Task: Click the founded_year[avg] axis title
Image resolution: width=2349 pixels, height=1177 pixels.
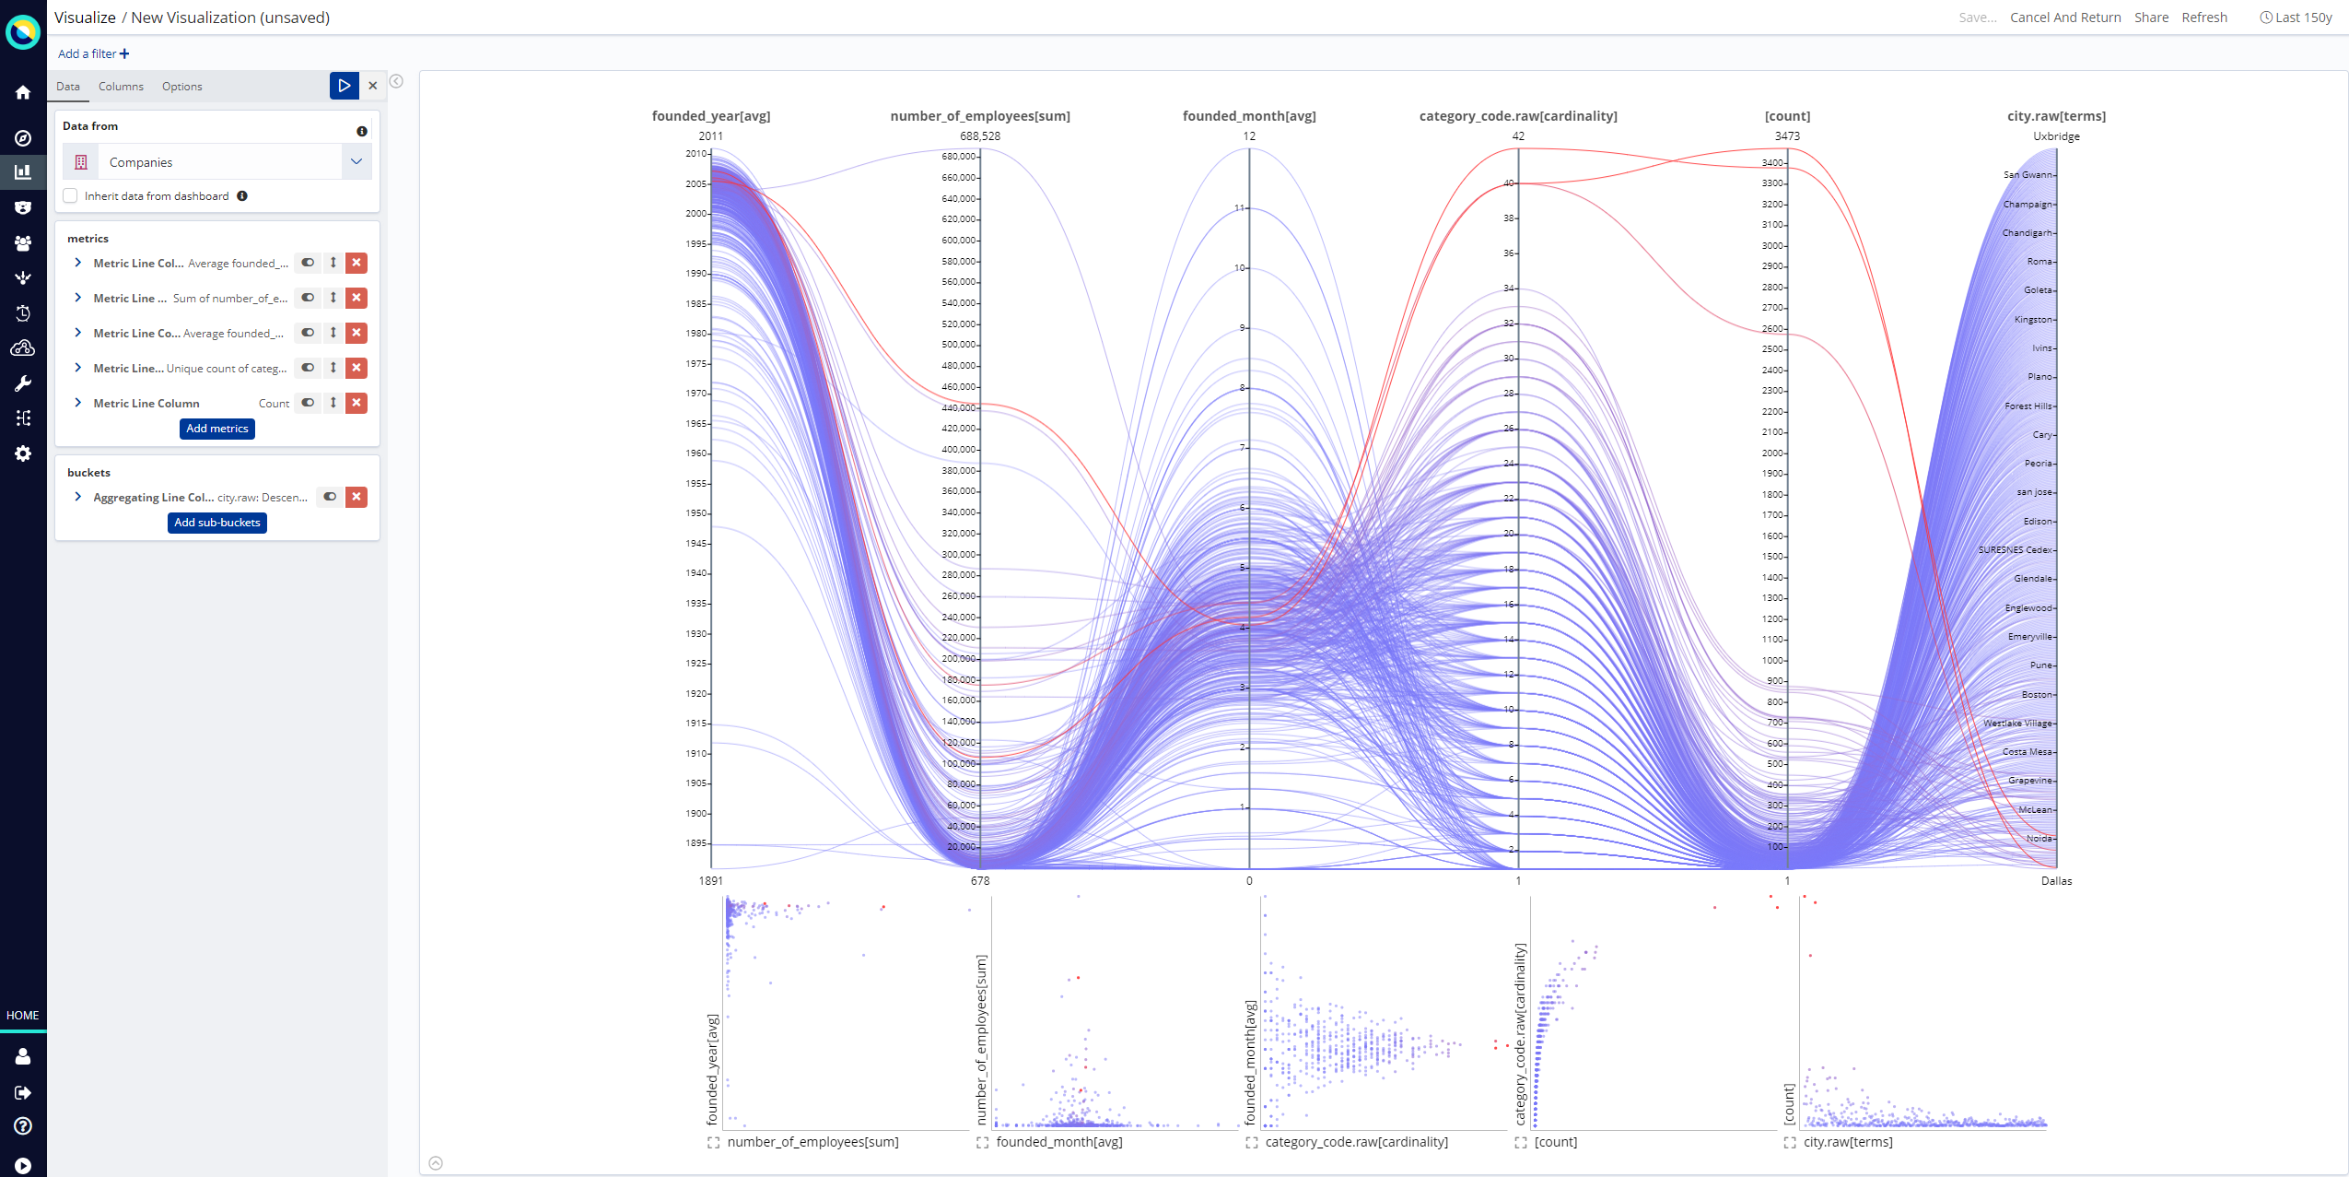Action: (710, 116)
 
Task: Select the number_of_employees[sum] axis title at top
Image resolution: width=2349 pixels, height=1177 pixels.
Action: (979, 116)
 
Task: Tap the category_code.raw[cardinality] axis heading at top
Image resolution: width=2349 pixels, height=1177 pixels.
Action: (1517, 116)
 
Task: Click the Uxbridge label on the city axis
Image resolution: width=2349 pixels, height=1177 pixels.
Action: (2056, 136)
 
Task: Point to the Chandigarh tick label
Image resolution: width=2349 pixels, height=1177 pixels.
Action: (2027, 233)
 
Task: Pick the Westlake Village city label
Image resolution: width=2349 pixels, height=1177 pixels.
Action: (2017, 724)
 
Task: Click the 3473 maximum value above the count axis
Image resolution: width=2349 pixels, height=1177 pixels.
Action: (1787, 136)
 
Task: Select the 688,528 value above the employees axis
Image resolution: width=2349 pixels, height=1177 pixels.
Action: (979, 136)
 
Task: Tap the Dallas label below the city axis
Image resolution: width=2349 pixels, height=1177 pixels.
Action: (2056, 881)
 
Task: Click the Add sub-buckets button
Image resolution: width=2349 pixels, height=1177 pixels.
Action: (217, 523)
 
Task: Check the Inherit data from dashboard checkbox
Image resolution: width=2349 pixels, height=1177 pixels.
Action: (71, 196)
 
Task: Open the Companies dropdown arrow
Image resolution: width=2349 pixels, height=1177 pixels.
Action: (356, 162)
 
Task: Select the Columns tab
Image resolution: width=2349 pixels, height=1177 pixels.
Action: (121, 87)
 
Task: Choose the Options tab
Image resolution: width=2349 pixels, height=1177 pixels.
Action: (181, 87)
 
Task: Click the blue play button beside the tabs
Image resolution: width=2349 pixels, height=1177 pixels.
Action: (344, 86)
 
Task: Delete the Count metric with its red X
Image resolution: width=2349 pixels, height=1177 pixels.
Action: (356, 403)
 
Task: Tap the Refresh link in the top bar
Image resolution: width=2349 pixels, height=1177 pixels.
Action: (2203, 18)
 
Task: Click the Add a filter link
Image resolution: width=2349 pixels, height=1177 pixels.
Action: (93, 53)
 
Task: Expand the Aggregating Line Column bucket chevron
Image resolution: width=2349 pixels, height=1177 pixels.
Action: (78, 497)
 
